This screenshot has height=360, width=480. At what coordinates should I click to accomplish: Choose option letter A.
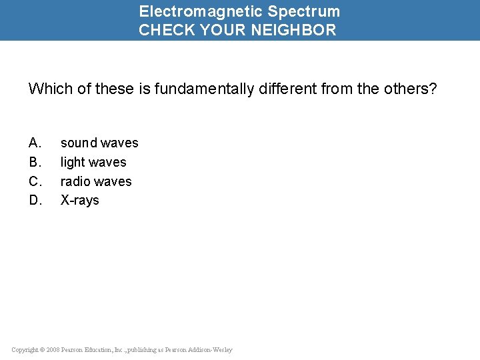[x=35, y=143]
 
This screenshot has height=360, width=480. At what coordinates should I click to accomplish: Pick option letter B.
[x=35, y=162]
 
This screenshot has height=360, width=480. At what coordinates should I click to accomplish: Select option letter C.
[x=35, y=181]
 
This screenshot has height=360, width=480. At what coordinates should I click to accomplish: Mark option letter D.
[x=35, y=200]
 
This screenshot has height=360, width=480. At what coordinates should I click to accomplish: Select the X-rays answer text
[x=79, y=200]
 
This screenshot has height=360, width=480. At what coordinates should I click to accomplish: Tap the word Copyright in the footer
[x=25, y=350]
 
